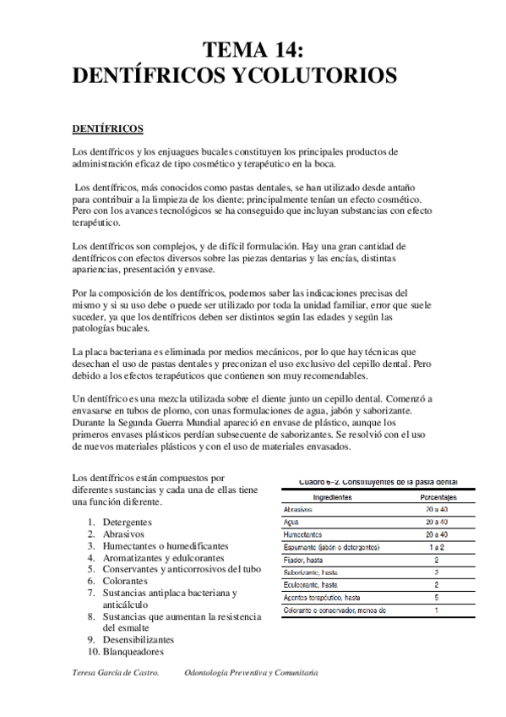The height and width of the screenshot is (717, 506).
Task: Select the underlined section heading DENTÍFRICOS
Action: [107, 129]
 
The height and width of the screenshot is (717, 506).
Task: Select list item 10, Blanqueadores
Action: [133, 652]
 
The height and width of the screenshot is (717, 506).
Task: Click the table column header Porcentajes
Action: [437, 497]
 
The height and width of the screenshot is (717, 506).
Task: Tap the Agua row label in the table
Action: [291, 523]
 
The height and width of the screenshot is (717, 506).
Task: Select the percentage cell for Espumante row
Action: [437, 547]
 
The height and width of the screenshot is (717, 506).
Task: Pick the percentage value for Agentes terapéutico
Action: [437, 597]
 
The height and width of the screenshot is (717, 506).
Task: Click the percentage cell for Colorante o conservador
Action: [437, 610]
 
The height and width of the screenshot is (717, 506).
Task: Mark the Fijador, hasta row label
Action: [305, 560]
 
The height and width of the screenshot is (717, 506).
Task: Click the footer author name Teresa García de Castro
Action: [116, 673]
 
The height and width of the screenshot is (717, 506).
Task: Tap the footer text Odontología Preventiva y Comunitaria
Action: [251, 673]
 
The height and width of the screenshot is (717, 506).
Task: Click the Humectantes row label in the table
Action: [302, 535]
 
